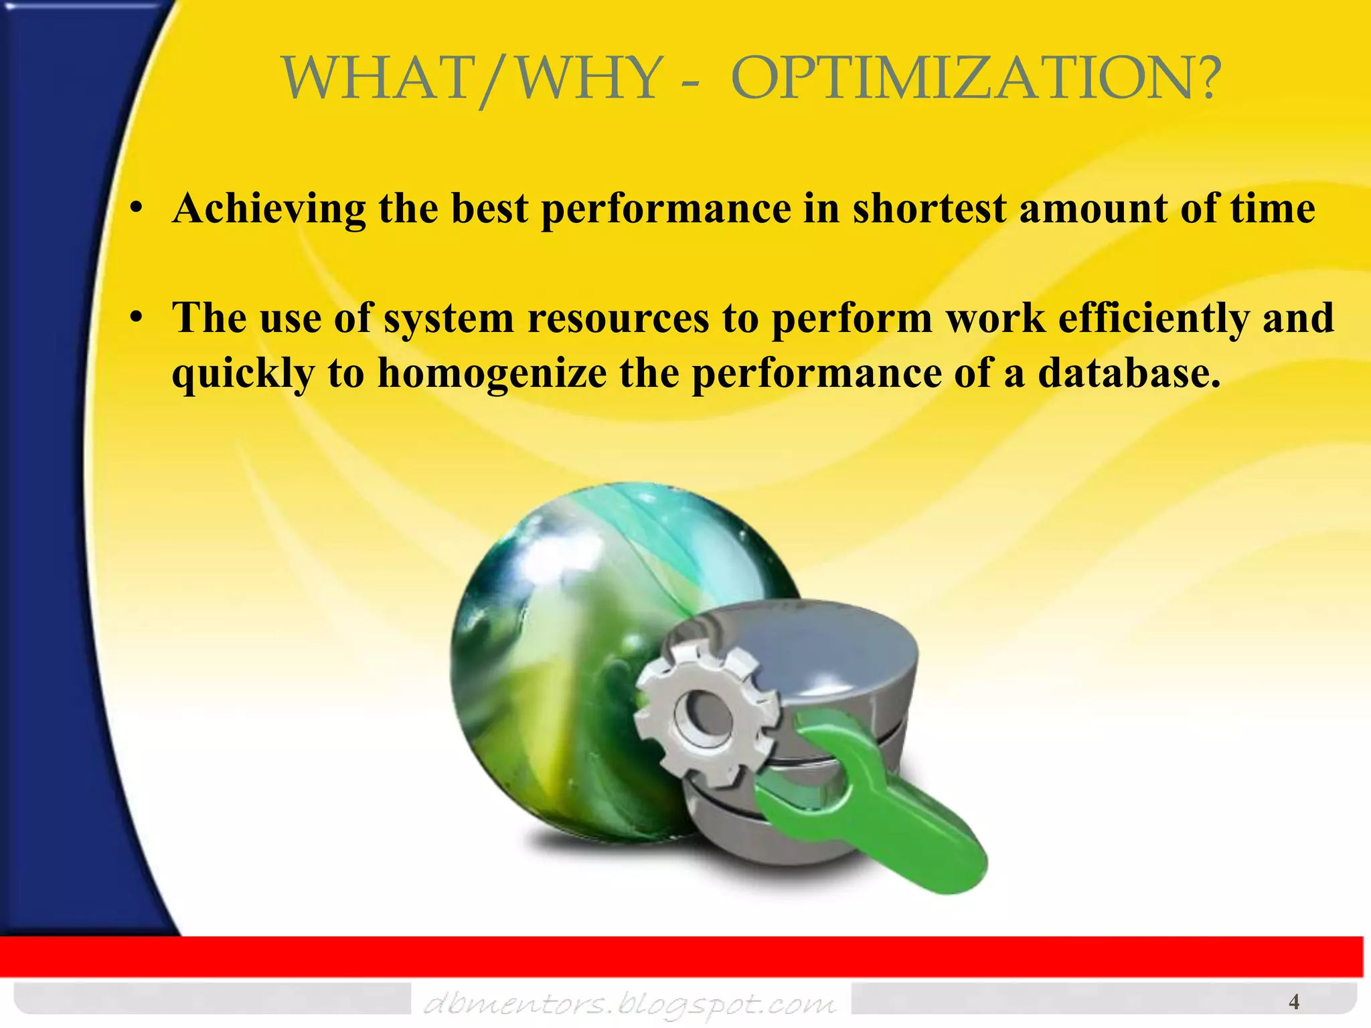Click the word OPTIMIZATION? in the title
pyautogui.click(x=975, y=79)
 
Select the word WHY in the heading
pyautogui.click(x=590, y=79)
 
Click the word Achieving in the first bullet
pyautogui.click(x=269, y=209)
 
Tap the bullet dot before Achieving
pyautogui.click(x=137, y=209)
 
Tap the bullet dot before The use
pyautogui.click(x=137, y=318)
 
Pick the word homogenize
pyautogui.click(x=492, y=373)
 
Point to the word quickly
pyautogui.click(x=243, y=373)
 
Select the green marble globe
pyautogui.click(x=569, y=636)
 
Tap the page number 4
pyautogui.click(x=1294, y=1002)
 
